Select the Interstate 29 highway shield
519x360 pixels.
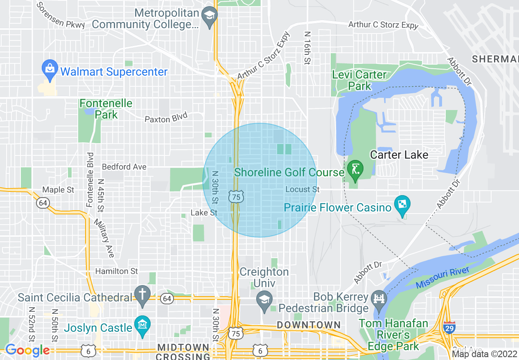[x=449, y=327]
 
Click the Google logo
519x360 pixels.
[x=27, y=350]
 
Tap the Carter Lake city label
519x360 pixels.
[x=399, y=155]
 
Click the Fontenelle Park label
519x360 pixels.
[x=106, y=109]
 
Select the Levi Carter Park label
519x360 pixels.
[x=359, y=80]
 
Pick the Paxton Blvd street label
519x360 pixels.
[x=166, y=118]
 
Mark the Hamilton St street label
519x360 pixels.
[x=117, y=271]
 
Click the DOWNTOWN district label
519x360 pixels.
[x=309, y=325]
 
